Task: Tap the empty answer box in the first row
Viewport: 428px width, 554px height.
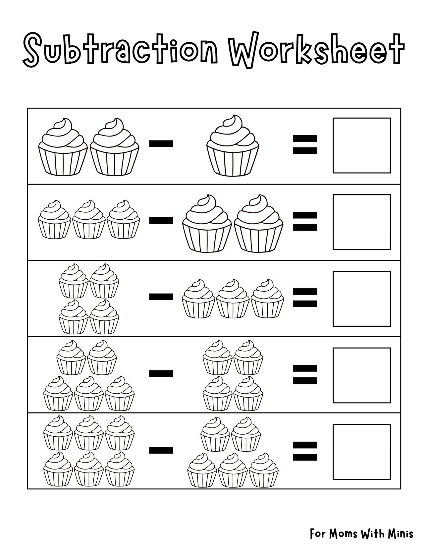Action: [x=361, y=145]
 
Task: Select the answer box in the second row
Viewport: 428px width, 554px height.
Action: [x=361, y=222]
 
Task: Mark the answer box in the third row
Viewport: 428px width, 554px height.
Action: [x=361, y=299]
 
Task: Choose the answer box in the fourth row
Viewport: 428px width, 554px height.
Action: [x=361, y=375]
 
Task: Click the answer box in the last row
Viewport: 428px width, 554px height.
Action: [x=361, y=452]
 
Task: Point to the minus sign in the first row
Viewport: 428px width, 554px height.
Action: [x=161, y=143]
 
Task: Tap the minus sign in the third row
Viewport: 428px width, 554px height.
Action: [x=161, y=297]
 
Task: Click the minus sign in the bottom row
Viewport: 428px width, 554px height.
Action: [x=161, y=450]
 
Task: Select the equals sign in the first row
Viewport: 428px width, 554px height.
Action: [x=305, y=144]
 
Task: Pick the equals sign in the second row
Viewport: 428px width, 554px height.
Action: [x=305, y=221]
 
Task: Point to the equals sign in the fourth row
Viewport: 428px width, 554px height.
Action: [x=305, y=374]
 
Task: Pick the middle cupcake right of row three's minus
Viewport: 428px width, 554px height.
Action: [x=233, y=299]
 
